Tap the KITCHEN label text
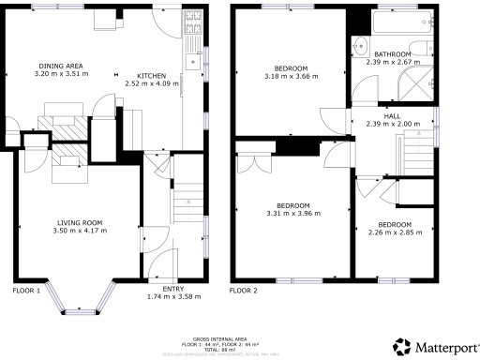[x=153, y=75]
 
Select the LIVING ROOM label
[x=77, y=222]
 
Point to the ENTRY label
[x=173, y=289]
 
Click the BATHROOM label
[x=393, y=55]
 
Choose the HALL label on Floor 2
[x=392, y=115]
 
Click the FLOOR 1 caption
[x=26, y=291]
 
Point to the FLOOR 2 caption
[x=244, y=291]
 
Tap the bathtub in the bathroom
[x=401, y=22]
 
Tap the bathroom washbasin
[x=361, y=43]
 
